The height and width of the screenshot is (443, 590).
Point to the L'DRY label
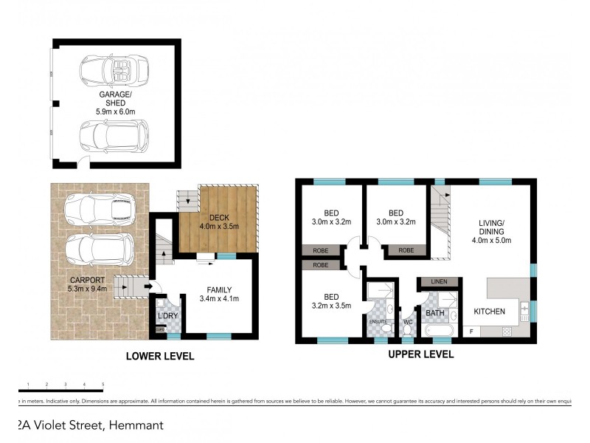point(168,317)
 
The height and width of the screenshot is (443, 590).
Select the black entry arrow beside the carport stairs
point(150,287)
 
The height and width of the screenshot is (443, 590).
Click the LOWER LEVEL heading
point(160,357)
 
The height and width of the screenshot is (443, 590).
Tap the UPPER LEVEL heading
point(420,354)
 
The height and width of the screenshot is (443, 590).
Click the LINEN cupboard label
point(440,281)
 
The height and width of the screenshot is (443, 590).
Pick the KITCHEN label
point(489,312)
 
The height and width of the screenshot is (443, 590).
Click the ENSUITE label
point(377,322)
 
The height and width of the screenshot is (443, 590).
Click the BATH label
point(433,313)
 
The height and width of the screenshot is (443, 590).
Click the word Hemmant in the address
point(136,425)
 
